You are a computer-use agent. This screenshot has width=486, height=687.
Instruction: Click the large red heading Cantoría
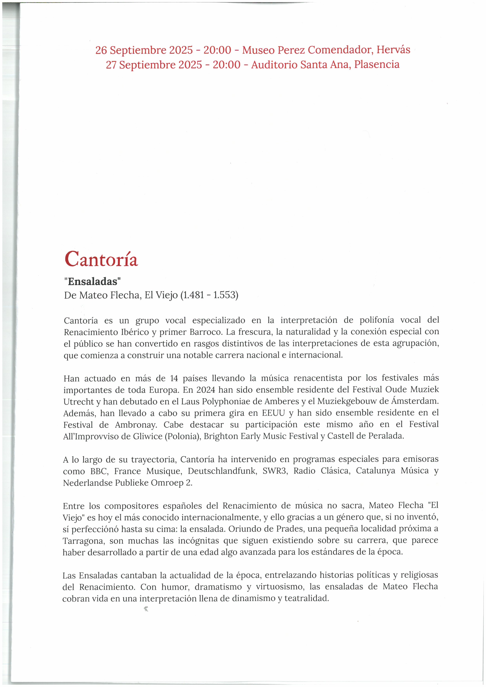101,259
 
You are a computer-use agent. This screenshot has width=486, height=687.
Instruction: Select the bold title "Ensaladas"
92,281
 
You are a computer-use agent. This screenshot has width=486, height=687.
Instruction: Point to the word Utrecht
78,402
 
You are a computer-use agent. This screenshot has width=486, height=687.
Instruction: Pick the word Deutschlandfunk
222,471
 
